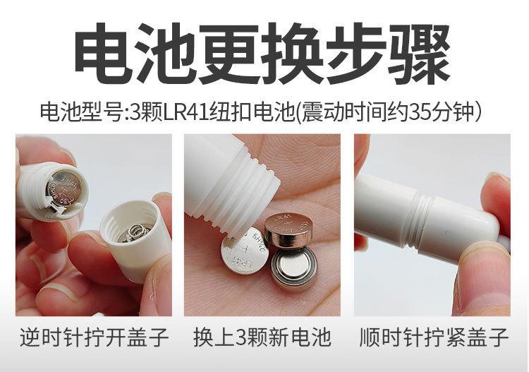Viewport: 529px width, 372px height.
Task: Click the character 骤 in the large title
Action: click(x=419, y=54)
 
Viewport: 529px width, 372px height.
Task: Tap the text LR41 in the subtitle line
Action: click(x=186, y=112)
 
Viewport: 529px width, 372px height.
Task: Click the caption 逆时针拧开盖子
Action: click(x=94, y=337)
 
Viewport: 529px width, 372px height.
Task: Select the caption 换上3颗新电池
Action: click(x=262, y=337)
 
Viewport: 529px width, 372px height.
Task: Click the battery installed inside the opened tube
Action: click(x=66, y=189)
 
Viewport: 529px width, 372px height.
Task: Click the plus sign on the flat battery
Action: click(x=246, y=250)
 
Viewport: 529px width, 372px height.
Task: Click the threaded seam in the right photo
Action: click(x=418, y=221)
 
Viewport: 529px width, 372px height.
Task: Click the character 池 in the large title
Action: click(x=167, y=54)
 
